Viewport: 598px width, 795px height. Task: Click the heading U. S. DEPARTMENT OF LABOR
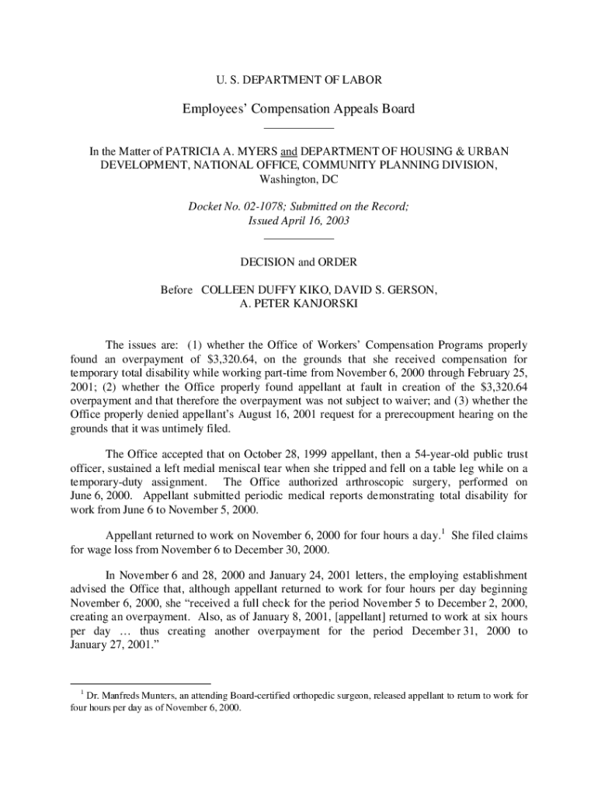298,79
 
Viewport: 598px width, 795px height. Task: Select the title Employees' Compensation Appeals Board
298,109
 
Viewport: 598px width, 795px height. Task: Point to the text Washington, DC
298,179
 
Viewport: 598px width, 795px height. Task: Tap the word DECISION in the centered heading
271,262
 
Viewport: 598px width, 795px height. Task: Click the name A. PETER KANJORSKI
298,304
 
